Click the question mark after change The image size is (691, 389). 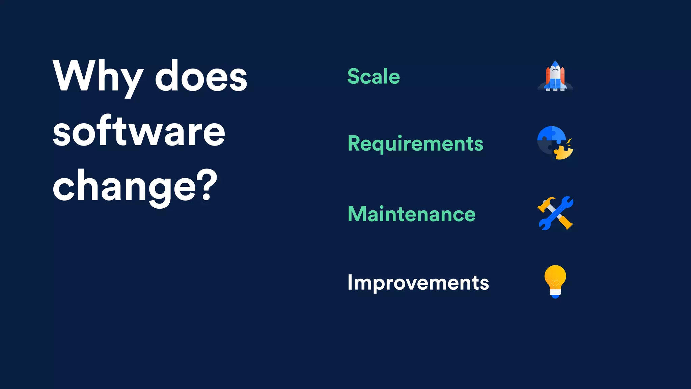click(x=205, y=185)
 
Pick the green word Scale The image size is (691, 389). click(x=374, y=76)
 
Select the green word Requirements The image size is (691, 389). click(x=415, y=144)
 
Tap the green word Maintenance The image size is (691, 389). click(x=412, y=214)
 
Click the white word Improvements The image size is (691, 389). click(x=418, y=283)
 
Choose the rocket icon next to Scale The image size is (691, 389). click(x=555, y=76)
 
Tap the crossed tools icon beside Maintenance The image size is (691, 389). click(x=555, y=213)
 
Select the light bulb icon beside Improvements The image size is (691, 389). click(x=555, y=281)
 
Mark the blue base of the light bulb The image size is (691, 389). click(x=555, y=296)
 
